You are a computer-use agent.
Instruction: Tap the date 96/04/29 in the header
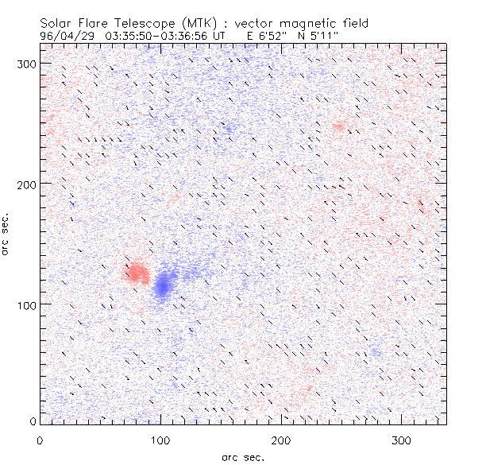(x=66, y=36)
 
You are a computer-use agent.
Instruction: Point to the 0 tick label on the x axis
(x=40, y=440)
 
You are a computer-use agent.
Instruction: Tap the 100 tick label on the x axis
(x=160, y=440)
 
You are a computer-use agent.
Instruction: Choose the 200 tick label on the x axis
(x=281, y=440)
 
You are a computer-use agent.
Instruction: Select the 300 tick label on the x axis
(x=402, y=440)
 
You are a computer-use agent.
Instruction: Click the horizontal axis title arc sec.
(x=243, y=457)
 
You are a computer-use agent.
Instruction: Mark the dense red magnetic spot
(x=136, y=273)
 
